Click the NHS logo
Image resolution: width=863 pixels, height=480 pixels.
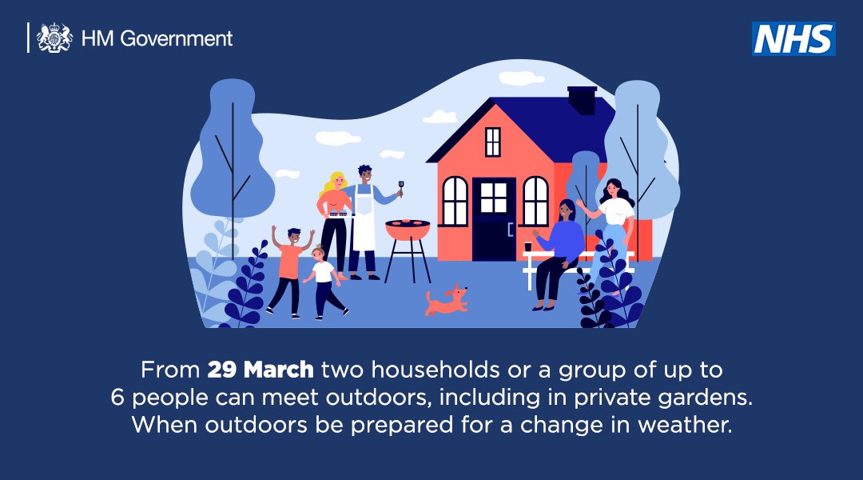[x=793, y=38]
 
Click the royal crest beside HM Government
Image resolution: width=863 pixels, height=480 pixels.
[x=54, y=38]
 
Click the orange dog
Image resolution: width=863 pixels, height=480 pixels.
[x=446, y=301]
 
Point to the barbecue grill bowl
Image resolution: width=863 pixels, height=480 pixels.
[x=408, y=230]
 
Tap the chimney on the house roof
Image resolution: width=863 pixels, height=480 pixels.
[x=582, y=100]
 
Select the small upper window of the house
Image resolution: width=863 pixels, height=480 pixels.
[x=493, y=142]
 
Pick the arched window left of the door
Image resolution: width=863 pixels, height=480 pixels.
[x=455, y=202]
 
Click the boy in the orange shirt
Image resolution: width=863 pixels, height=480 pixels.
[x=288, y=264]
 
